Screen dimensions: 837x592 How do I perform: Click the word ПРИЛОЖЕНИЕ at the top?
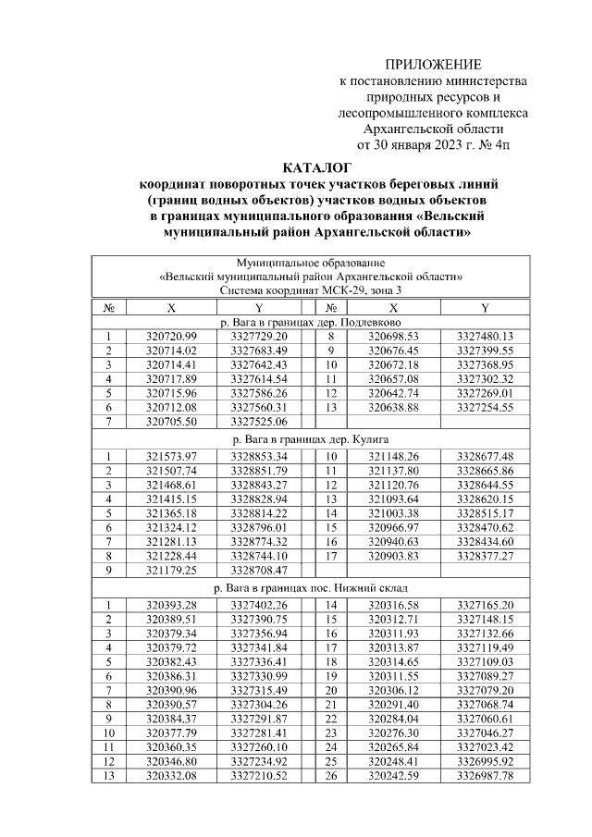pyautogui.click(x=434, y=64)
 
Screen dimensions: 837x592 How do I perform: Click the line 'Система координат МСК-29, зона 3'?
pyautogui.click(x=312, y=290)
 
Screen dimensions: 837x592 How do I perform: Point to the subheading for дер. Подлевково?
pyautogui.click(x=312, y=322)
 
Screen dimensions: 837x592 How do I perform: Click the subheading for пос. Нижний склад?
pyautogui.click(x=312, y=586)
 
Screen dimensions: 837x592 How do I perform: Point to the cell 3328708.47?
pyautogui.click(x=259, y=572)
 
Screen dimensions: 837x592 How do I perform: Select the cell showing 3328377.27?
pyautogui.click(x=485, y=557)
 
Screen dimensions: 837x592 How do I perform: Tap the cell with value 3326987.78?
pyautogui.click(x=485, y=775)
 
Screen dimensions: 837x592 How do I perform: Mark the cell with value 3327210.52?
pyautogui.click(x=259, y=775)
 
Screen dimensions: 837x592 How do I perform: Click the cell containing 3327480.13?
pyautogui.click(x=485, y=337)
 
